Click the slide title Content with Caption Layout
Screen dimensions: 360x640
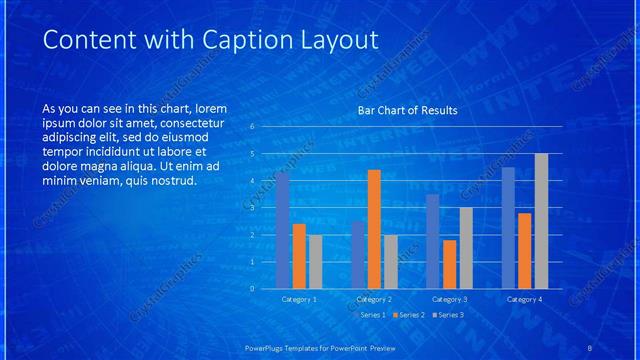(197, 40)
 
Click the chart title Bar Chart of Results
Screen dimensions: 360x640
(407, 110)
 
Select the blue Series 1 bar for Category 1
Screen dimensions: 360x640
(282, 230)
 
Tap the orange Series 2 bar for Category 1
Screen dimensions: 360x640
(299, 256)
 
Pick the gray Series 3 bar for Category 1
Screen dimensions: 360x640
(315, 261)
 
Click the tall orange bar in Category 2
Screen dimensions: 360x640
(374, 229)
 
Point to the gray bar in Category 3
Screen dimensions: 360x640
(466, 247)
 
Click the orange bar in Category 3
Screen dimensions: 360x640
(450, 264)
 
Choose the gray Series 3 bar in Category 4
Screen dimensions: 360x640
(541, 220)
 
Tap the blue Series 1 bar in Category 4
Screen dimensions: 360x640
(508, 227)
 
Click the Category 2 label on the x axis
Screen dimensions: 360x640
(374, 299)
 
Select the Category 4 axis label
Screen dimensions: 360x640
(525, 299)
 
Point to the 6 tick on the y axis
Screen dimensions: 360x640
(253, 127)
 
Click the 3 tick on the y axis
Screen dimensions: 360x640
(253, 208)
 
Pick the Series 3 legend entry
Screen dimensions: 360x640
(447, 315)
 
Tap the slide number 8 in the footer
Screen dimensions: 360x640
(590, 347)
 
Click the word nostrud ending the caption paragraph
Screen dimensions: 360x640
(174, 181)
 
